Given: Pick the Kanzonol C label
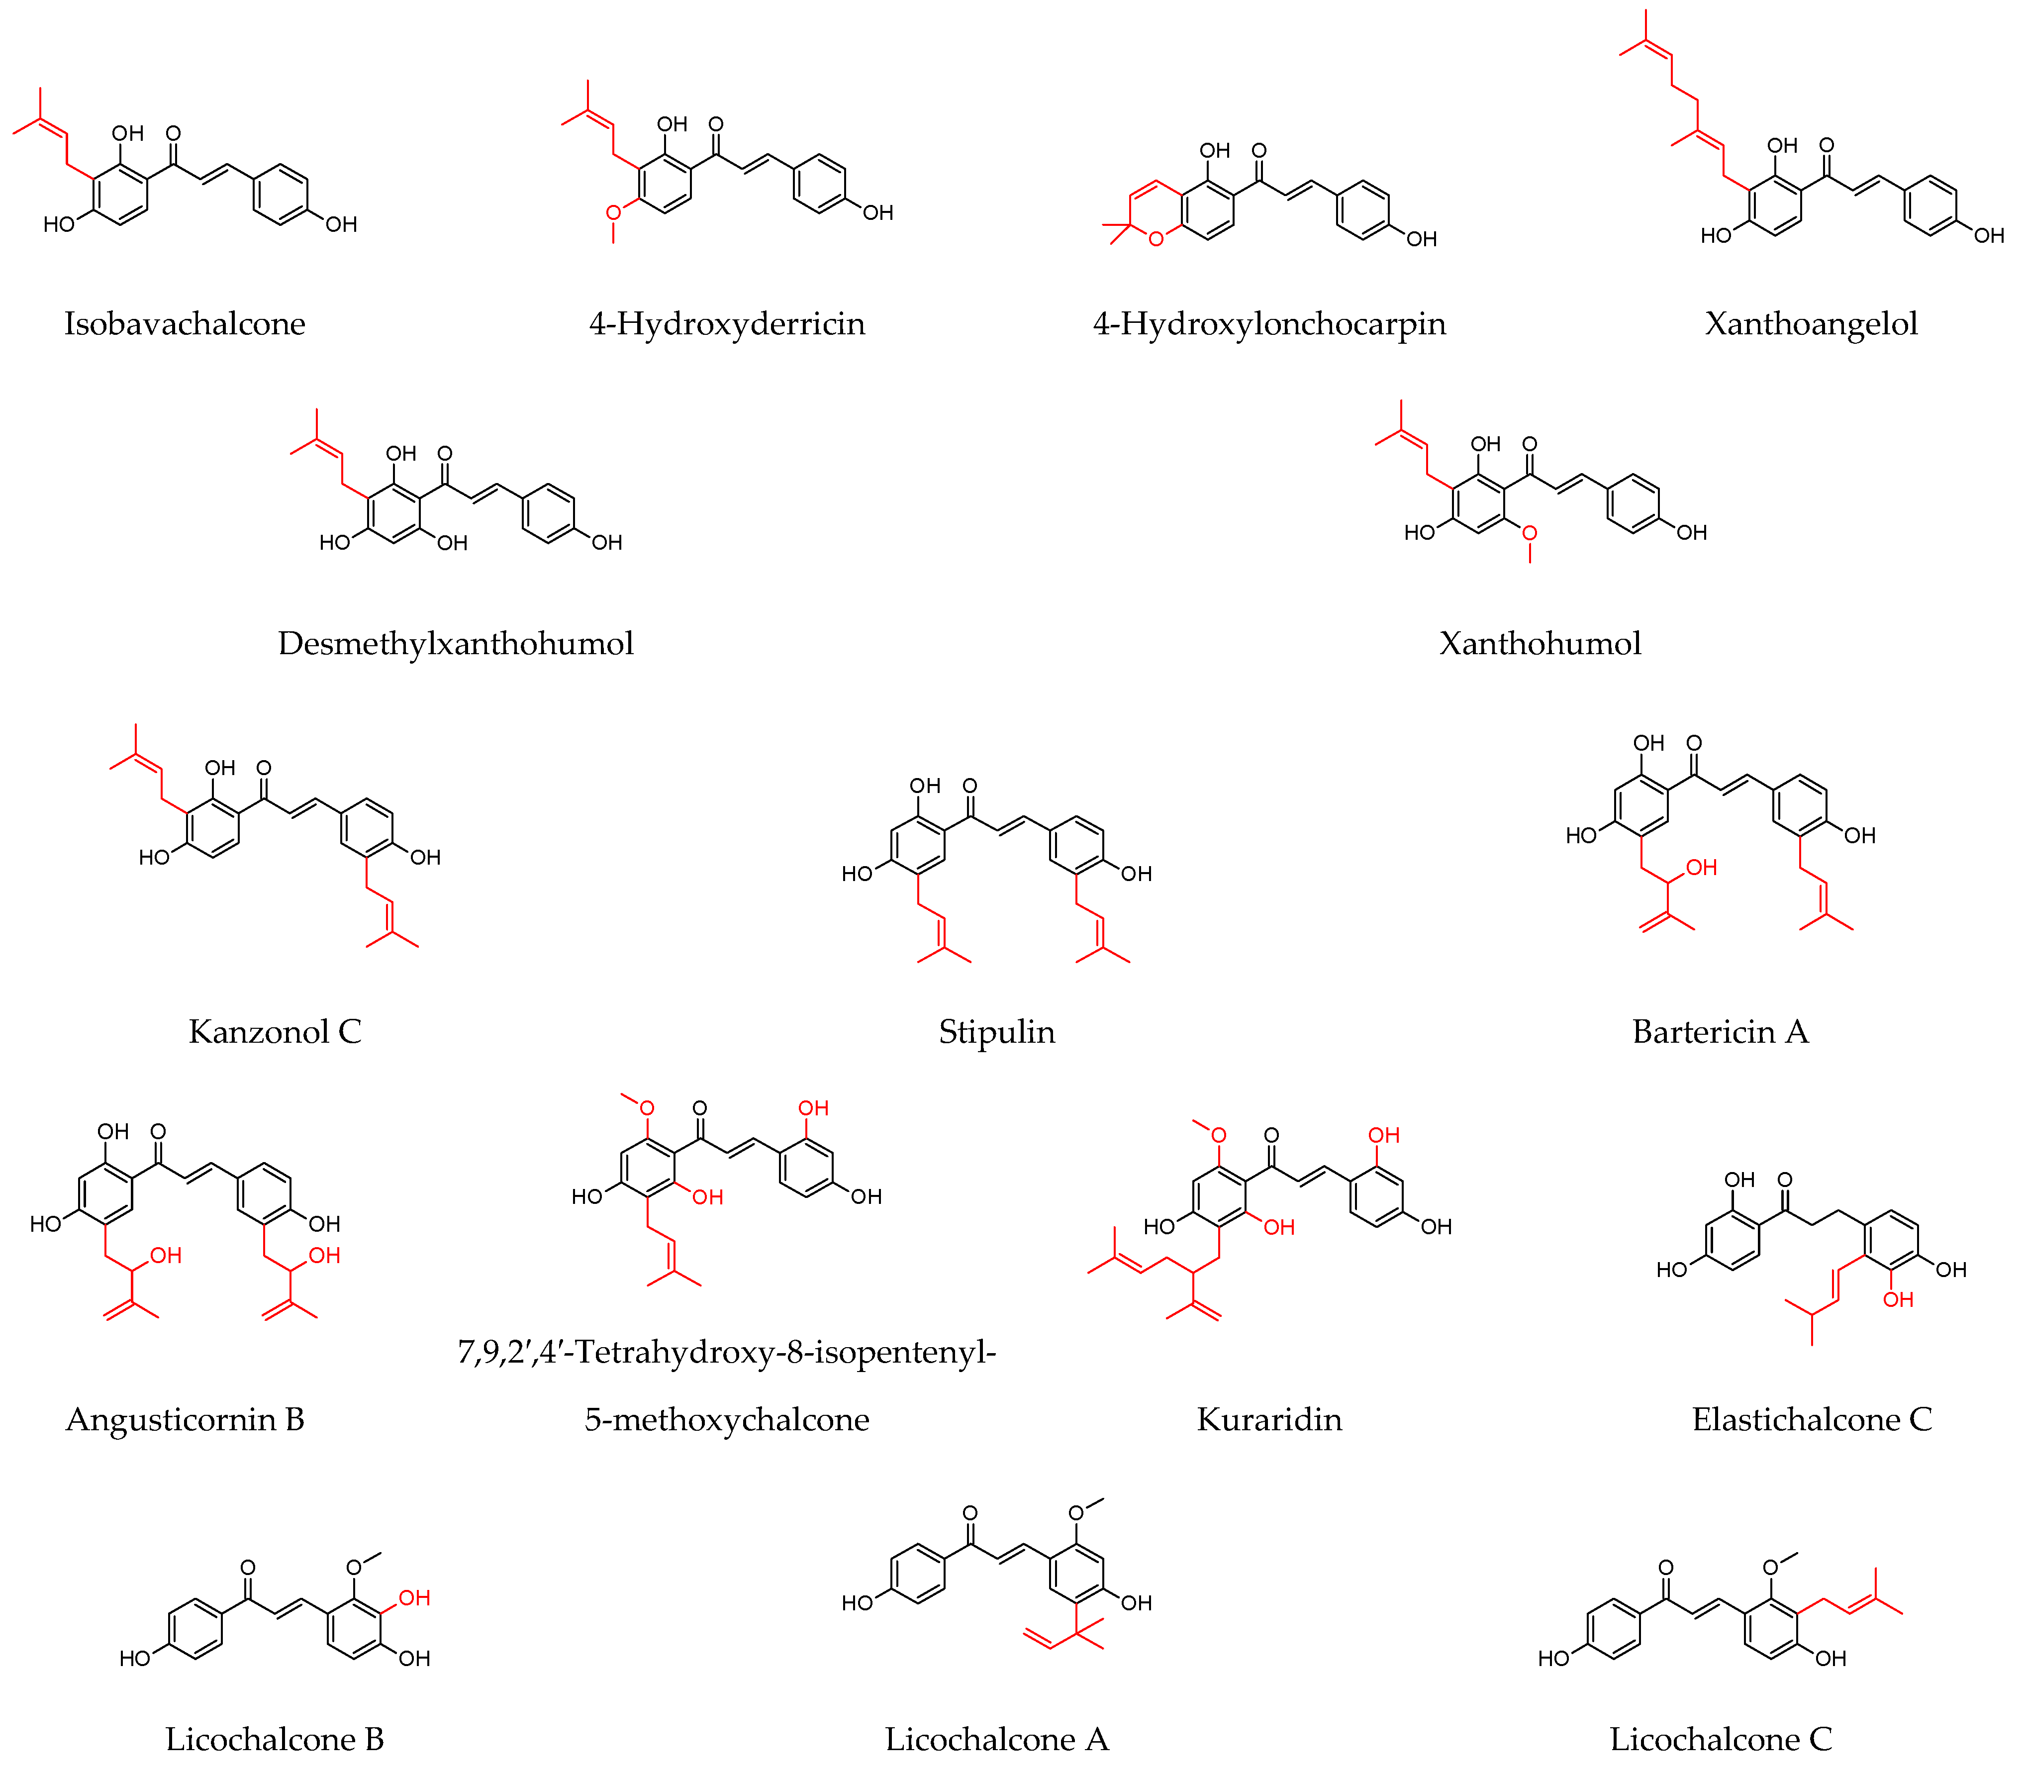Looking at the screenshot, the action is point(275,1032).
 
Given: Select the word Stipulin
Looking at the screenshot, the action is point(997,1032).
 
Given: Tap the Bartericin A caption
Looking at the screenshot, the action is point(1720,1032).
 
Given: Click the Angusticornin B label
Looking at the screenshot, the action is point(185,1420).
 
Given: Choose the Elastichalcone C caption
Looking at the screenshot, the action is point(1811,1420).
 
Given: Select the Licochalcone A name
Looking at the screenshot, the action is point(997,1739).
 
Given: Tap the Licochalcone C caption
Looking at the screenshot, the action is point(1720,1739).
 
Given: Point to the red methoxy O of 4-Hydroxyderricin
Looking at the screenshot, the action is point(614,212).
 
